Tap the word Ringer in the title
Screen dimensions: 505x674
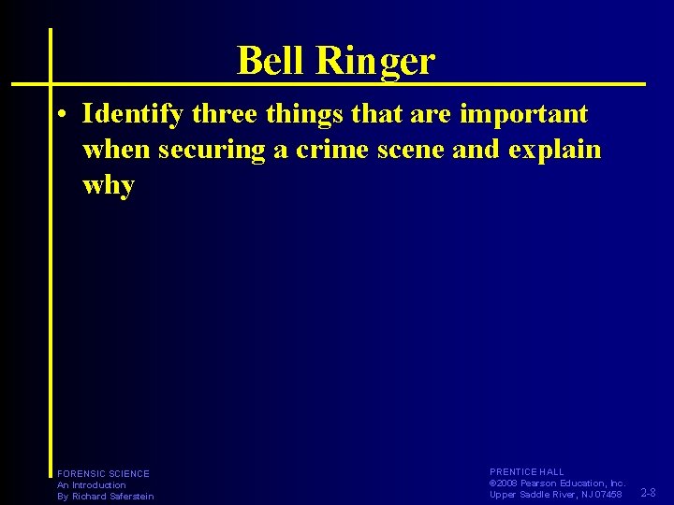pyautogui.click(x=376, y=62)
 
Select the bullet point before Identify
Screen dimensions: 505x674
pyautogui.click(x=60, y=116)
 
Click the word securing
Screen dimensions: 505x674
pyautogui.click(x=212, y=150)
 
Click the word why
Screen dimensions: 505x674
pyautogui.click(x=109, y=184)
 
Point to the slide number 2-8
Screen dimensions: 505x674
pyautogui.click(x=648, y=492)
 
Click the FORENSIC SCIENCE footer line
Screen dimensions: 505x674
pyautogui.click(x=103, y=474)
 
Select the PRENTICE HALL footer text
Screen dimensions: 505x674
pyautogui.click(x=527, y=472)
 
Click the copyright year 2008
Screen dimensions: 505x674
pyautogui.click(x=510, y=483)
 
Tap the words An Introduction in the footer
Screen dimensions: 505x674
pyautogui.click(x=92, y=485)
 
